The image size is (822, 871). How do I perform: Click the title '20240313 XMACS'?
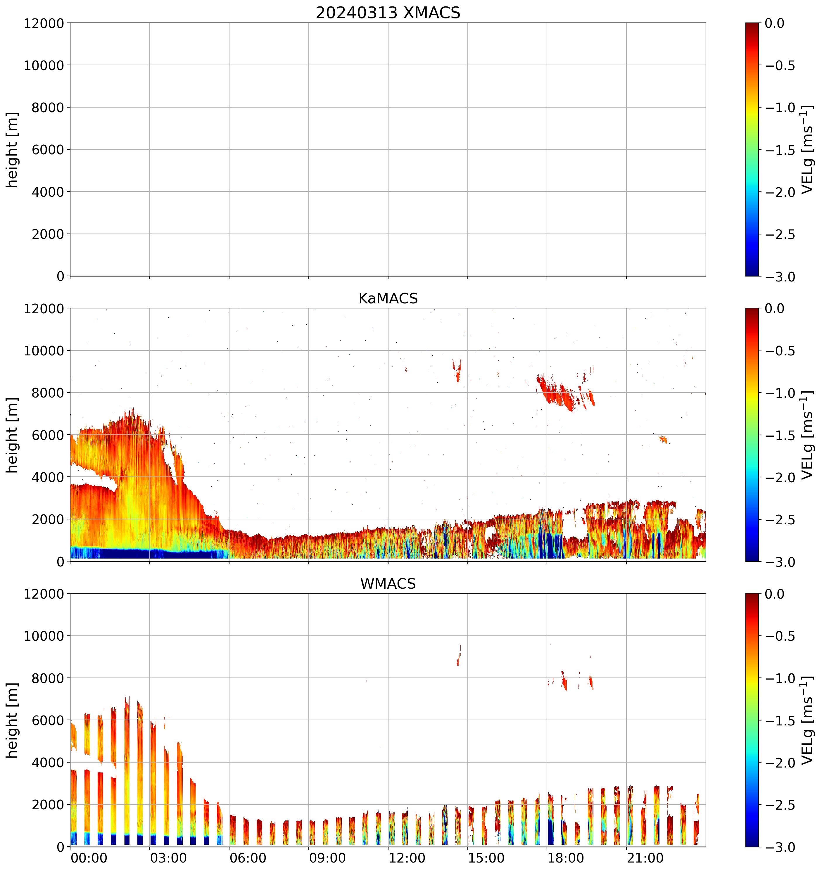[388, 13]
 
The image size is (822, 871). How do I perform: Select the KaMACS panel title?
[388, 298]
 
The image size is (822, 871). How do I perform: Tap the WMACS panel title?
[388, 584]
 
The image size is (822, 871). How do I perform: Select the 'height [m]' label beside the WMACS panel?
[12, 720]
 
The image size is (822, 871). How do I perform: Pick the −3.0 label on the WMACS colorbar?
[780, 847]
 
